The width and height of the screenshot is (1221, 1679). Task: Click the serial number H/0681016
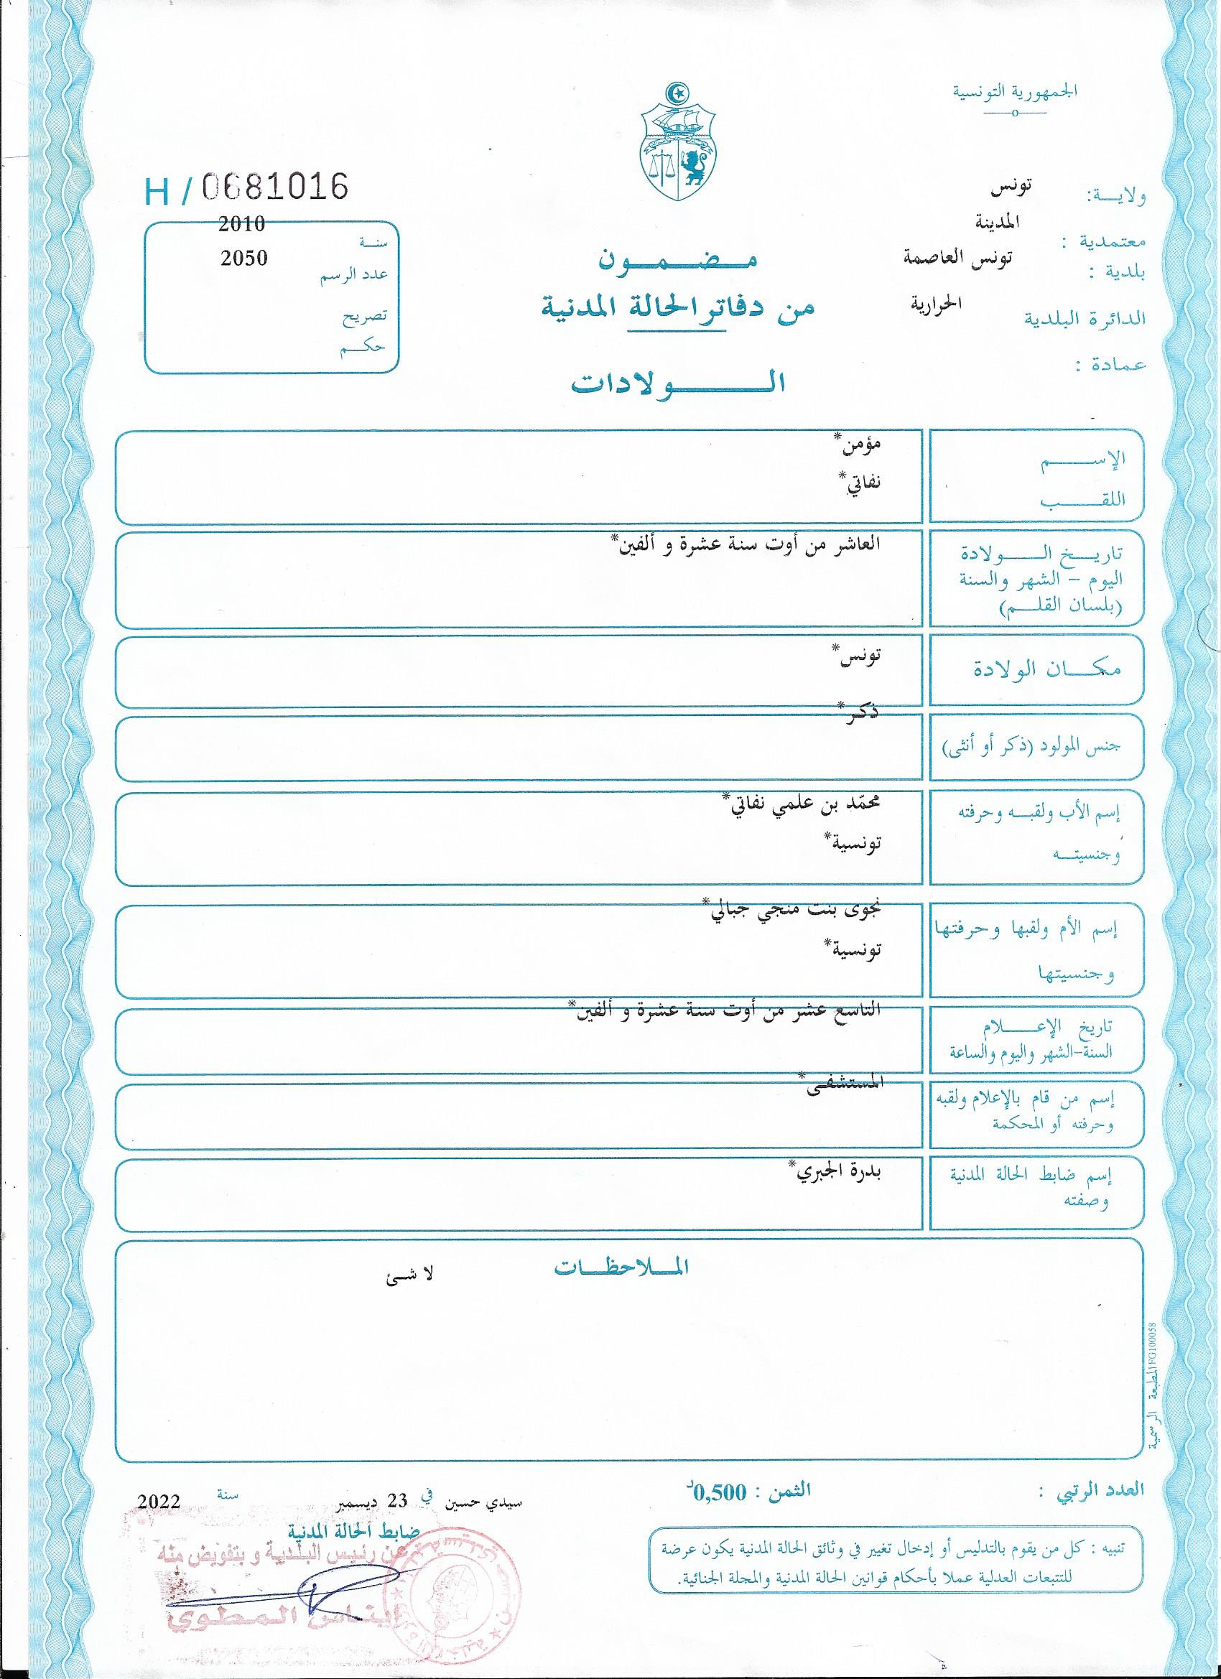click(246, 188)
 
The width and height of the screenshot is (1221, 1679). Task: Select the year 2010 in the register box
click(241, 223)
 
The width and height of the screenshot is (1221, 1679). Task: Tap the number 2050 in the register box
click(243, 259)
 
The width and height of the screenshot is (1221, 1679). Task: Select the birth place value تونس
click(859, 656)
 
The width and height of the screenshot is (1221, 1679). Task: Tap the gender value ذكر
click(861, 714)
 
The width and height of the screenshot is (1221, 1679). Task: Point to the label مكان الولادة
click(1046, 670)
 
